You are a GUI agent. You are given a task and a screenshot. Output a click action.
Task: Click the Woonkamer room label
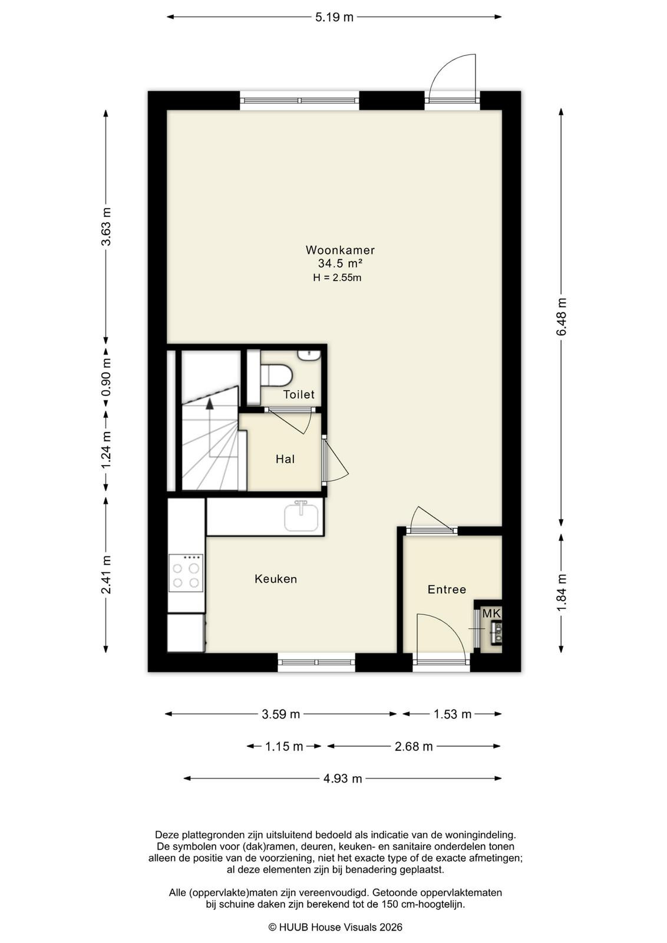click(340, 250)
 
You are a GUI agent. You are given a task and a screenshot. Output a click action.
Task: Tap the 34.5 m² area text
click(340, 263)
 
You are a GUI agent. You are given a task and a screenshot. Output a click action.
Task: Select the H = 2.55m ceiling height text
click(337, 278)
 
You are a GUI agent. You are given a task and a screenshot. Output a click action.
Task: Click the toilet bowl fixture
click(276, 375)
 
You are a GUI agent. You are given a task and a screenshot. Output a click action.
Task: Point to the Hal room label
click(285, 459)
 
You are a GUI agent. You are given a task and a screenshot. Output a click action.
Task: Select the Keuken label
click(276, 579)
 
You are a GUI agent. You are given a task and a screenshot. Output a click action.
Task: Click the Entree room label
click(447, 589)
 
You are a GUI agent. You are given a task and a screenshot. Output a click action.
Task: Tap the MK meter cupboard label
click(491, 614)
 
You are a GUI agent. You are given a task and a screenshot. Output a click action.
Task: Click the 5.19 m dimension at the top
click(334, 17)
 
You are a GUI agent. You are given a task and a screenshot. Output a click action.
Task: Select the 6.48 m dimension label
click(561, 316)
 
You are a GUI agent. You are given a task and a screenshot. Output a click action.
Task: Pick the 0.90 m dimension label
click(106, 377)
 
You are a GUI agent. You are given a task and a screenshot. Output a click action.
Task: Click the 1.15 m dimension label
click(284, 746)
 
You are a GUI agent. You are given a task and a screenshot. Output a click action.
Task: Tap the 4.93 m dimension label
click(342, 779)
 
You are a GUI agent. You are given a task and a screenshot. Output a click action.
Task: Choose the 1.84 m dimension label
click(561, 592)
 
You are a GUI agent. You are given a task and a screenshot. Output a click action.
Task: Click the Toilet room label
click(299, 394)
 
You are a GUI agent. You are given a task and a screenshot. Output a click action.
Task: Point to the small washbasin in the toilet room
click(309, 355)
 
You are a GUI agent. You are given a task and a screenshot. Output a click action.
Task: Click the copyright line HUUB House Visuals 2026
click(335, 927)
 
